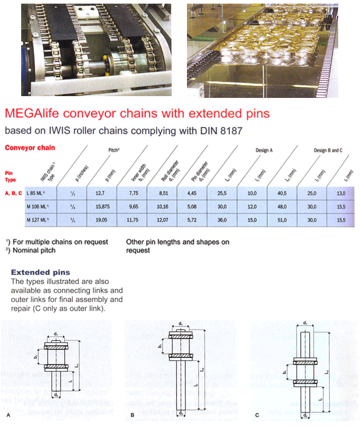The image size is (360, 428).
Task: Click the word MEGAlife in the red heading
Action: tap(36, 113)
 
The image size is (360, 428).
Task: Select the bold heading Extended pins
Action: tap(40, 273)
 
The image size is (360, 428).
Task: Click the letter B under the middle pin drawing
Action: tap(133, 415)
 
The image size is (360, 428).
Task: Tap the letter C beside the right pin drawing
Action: tap(257, 415)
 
